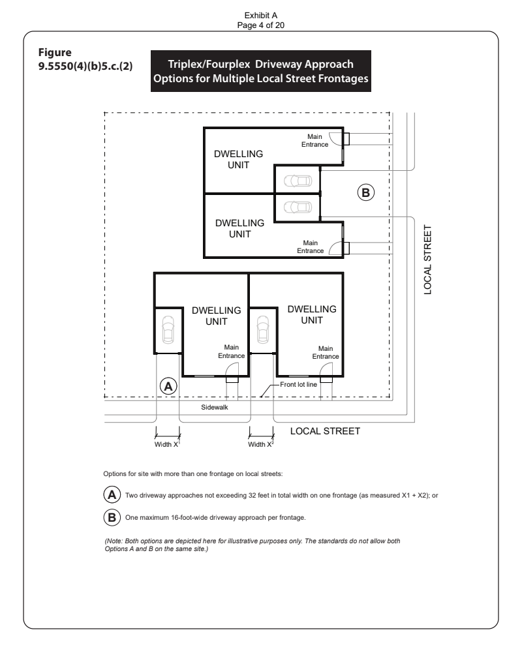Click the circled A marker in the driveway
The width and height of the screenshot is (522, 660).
click(168, 386)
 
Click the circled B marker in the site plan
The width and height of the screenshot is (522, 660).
click(366, 193)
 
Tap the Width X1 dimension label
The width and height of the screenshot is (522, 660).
click(167, 444)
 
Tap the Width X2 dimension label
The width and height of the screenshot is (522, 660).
click(261, 444)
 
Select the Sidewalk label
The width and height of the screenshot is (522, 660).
click(214, 407)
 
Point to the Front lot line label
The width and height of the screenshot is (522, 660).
click(298, 384)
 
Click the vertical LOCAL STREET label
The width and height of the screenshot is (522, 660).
click(427, 260)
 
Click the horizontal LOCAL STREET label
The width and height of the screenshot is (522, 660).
click(325, 431)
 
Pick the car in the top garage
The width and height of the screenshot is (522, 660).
click(298, 181)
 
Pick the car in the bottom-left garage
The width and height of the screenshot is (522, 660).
click(168, 329)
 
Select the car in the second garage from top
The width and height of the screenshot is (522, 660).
click(298, 207)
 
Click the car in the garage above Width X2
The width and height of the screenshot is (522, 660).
click(263, 329)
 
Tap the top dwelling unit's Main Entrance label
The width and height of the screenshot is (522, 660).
click(315, 141)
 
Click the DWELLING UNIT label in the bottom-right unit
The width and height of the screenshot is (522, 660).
click(312, 314)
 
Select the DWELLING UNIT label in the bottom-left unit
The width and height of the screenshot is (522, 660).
click(217, 316)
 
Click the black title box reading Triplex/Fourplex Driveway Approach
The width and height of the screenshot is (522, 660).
click(261, 71)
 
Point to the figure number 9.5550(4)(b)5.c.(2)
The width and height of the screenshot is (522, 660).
click(85, 66)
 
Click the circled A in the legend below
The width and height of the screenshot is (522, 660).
click(112, 494)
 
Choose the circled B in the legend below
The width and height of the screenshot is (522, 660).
click(112, 517)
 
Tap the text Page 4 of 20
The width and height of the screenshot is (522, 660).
click(260, 25)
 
